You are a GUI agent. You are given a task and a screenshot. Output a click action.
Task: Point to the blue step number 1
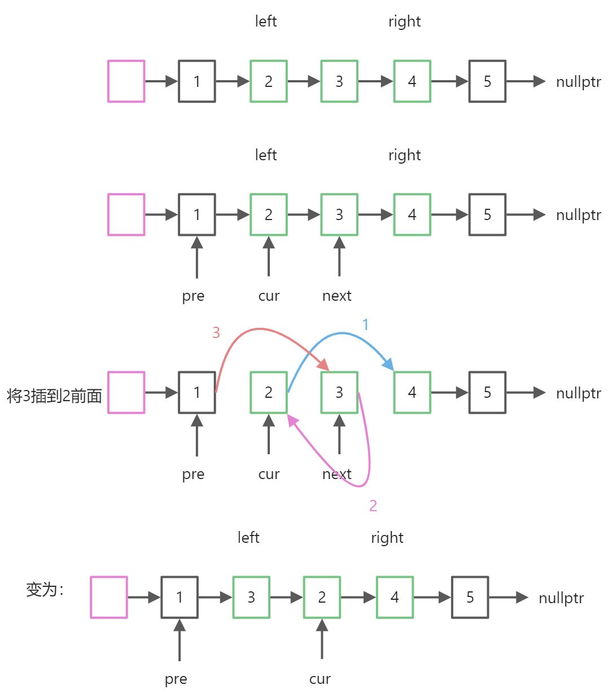point(365,324)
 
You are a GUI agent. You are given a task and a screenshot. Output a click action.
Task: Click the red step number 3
point(216,333)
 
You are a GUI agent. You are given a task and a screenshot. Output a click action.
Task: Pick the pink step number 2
point(373,506)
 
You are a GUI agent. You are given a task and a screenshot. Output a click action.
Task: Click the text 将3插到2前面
point(54,396)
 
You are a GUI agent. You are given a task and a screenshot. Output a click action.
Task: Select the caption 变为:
point(45,590)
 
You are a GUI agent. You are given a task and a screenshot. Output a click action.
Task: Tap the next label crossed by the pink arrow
point(336,474)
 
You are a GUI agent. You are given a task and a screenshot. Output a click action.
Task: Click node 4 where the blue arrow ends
point(412,392)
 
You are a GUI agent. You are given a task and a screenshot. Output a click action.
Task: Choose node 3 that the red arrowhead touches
point(339,392)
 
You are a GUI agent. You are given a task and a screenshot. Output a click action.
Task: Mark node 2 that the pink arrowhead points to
point(269,392)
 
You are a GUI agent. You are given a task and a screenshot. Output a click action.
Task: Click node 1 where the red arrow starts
point(197,392)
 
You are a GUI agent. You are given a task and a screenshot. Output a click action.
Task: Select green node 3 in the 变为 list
point(251,597)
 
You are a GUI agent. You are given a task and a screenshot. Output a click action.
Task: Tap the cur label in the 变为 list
point(320,679)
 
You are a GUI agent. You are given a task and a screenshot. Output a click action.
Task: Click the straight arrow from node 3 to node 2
point(286,597)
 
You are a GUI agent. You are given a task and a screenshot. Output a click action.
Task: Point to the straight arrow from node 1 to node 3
point(215,597)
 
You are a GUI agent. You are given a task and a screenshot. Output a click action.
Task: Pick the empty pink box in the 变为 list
point(109,597)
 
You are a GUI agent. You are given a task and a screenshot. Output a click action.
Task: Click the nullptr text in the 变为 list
point(561,598)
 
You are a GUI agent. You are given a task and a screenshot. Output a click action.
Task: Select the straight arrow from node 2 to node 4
point(358,597)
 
